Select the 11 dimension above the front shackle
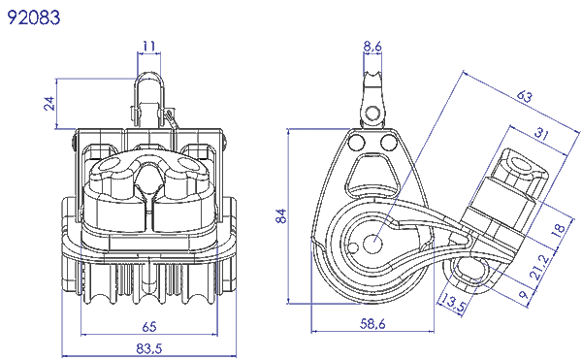click(147, 46)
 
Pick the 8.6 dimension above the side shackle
click(372, 46)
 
